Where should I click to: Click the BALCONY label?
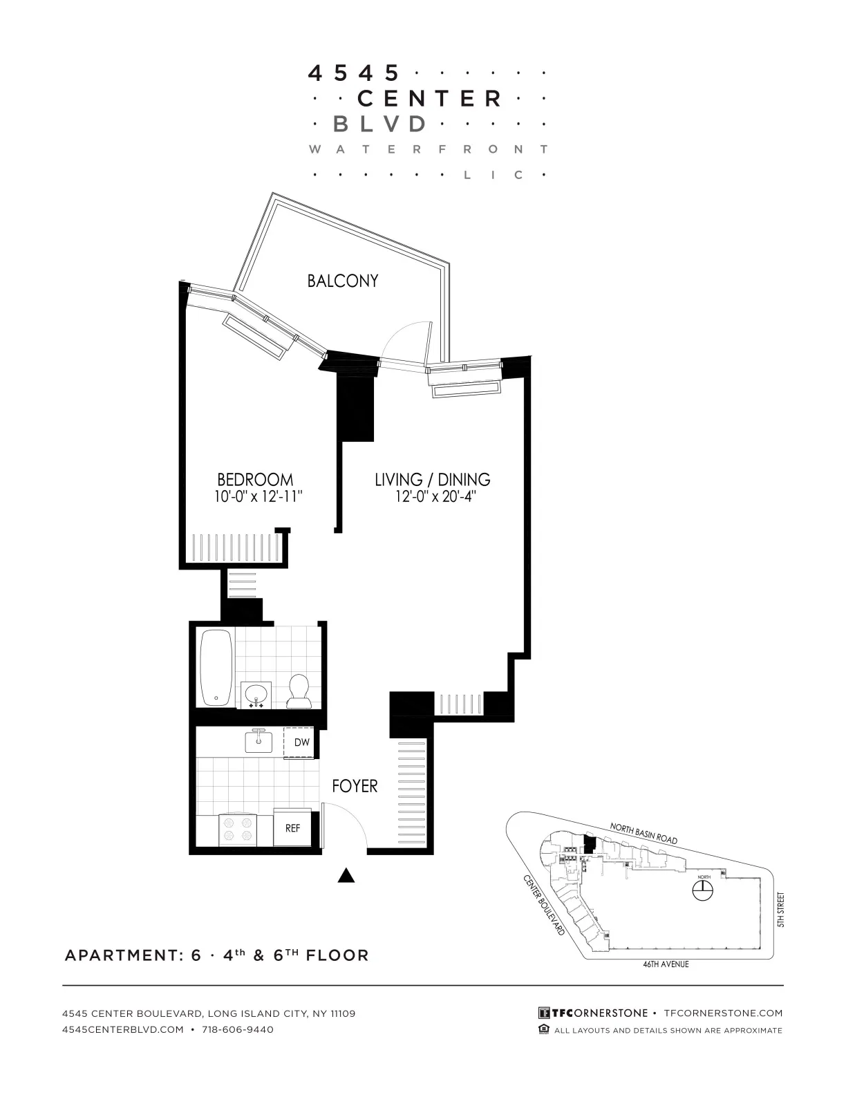pos(343,281)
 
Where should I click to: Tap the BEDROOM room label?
pos(255,479)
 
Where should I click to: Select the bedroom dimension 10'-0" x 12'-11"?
pos(258,496)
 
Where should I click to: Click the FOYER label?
pos(355,786)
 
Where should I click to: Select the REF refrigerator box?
pos(293,827)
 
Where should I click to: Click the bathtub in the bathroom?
pos(214,667)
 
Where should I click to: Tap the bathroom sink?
pos(256,693)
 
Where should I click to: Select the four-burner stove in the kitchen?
pos(237,829)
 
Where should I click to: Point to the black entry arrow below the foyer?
pos(346,877)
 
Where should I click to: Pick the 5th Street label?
pos(781,910)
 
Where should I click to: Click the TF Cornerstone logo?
pos(593,1013)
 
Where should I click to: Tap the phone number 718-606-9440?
pos(238,1029)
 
